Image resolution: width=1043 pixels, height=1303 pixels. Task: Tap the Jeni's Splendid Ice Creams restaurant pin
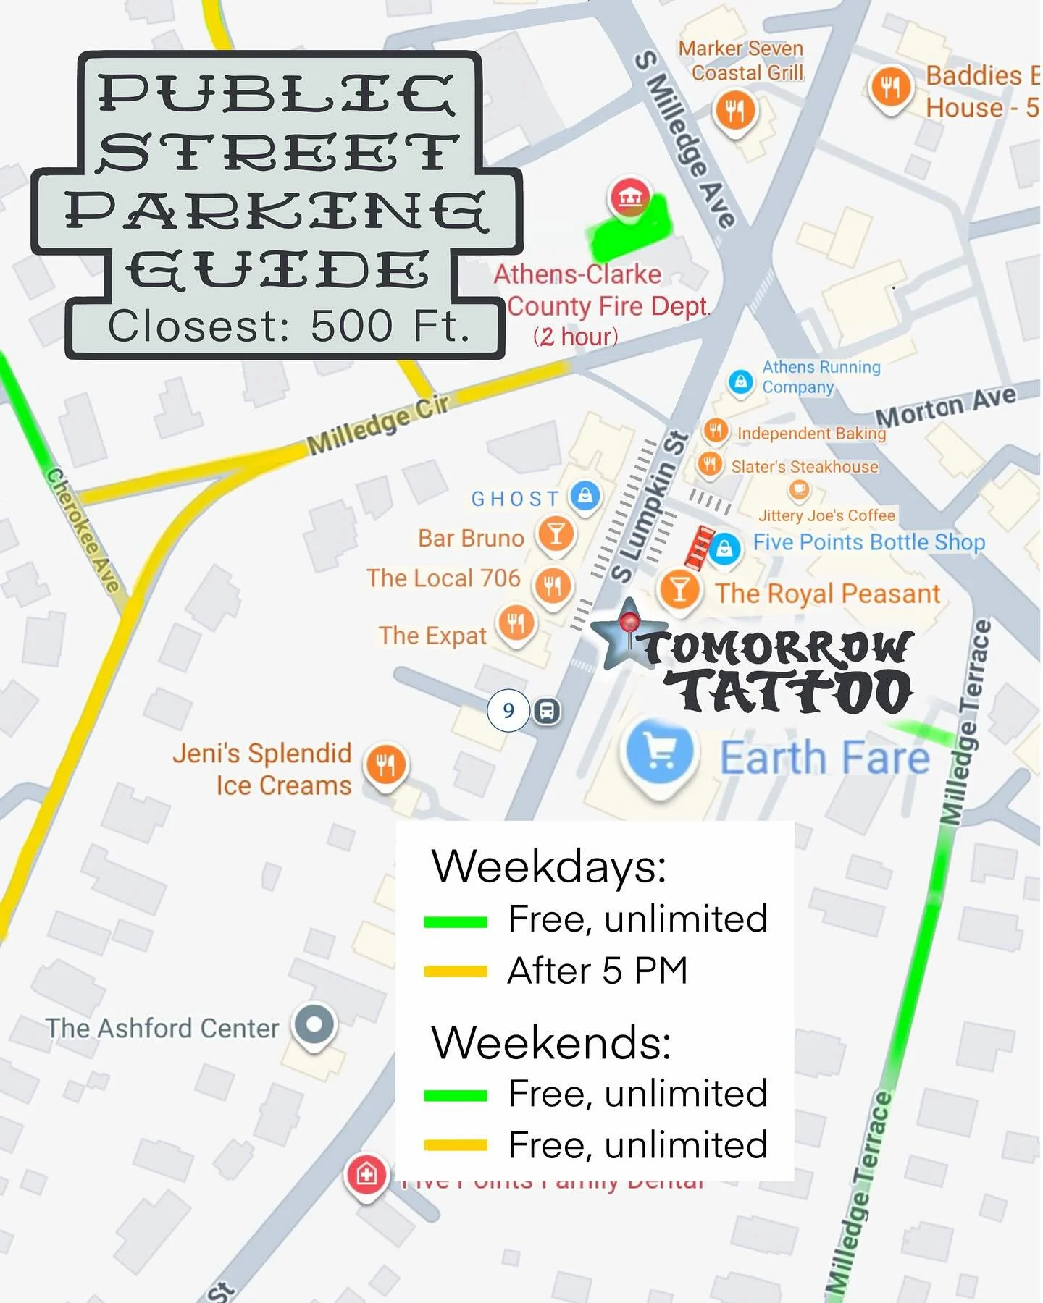pos(386,764)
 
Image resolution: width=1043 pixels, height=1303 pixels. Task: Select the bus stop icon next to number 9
pos(547,711)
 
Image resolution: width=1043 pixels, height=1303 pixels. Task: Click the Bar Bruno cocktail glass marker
pos(556,534)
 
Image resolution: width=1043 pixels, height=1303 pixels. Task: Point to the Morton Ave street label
pos(945,408)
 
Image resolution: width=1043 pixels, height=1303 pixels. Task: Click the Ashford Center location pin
pos(314,1024)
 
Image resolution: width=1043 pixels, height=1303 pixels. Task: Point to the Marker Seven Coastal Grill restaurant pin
pos(735,111)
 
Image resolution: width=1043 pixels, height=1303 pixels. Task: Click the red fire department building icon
pos(629,196)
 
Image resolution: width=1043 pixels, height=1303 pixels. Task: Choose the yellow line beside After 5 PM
pos(456,971)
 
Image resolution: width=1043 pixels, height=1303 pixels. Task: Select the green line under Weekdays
pos(456,922)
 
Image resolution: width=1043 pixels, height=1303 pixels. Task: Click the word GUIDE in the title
pos(277,271)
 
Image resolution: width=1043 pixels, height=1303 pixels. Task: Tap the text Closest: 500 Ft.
pos(288,326)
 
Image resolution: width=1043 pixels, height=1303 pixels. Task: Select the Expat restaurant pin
pos(516,622)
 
